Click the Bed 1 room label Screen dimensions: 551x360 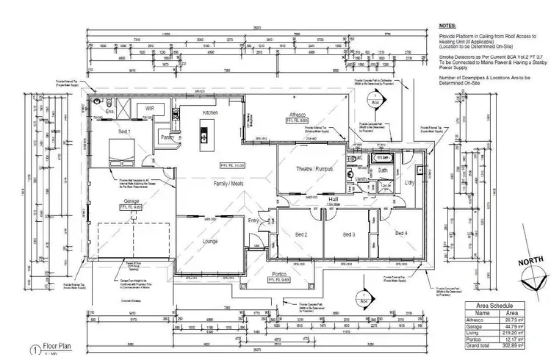tap(125, 132)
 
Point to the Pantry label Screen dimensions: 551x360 tap(168, 137)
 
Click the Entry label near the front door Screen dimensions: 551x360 tap(254, 220)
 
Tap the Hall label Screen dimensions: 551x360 tap(332, 199)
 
